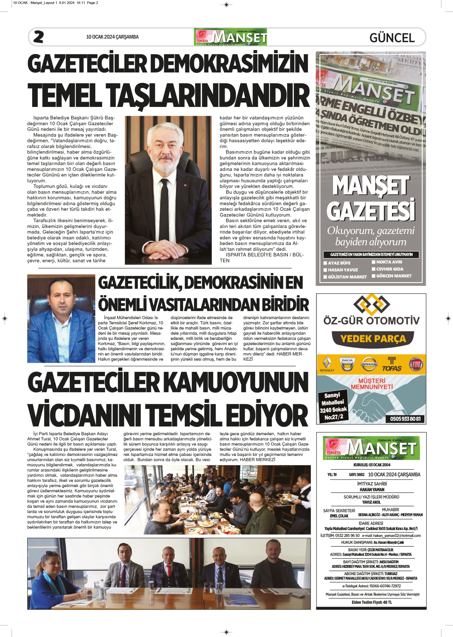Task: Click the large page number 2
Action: pos(39,37)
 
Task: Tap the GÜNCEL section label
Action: pos(392,38)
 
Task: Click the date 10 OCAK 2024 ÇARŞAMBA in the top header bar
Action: pos(112,37)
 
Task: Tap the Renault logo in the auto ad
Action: pos(327,364)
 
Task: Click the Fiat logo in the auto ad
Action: pos(416,364)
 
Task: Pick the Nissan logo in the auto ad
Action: pos(369,364)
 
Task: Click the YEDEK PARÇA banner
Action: pos(373,339)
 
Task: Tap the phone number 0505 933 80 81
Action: pos(405,419)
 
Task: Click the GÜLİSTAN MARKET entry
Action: pos(347,277)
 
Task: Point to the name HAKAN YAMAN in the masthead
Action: pos(372,489)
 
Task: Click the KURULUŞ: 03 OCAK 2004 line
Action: pos(372,465)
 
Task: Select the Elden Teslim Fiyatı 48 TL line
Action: pos(372,602)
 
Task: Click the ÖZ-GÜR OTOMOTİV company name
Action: pos(372,321)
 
